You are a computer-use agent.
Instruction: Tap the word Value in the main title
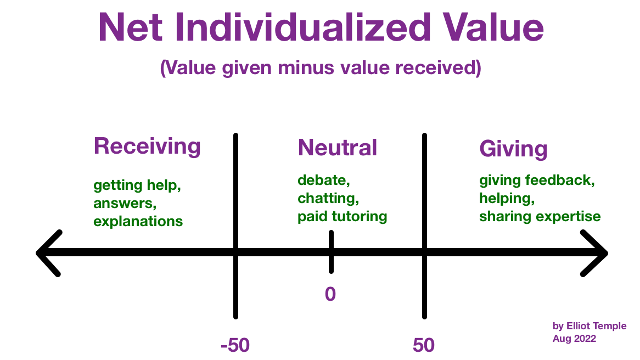(494, 27)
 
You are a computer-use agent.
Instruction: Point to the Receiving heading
(147, 147)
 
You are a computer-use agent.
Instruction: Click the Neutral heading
(338, 147)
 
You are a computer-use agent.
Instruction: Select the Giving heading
(513, 149)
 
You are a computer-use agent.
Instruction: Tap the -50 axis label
(235, 345)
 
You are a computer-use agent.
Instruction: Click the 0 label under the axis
(330, 294)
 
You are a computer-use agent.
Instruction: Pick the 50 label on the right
(424, 345)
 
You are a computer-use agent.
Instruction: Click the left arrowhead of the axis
(49, 254)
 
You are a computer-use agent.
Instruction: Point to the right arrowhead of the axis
(594, 254)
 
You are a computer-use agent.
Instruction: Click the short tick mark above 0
(331, 252)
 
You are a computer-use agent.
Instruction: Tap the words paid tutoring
(343, 217)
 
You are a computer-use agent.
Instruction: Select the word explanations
(138, 222)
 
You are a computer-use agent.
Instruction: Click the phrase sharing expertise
(540, 217)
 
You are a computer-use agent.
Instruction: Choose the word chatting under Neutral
(328, 199)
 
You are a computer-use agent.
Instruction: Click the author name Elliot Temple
(596, 326)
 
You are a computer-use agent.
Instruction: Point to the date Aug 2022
(574, 339)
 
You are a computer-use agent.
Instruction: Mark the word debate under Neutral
(324, 180)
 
